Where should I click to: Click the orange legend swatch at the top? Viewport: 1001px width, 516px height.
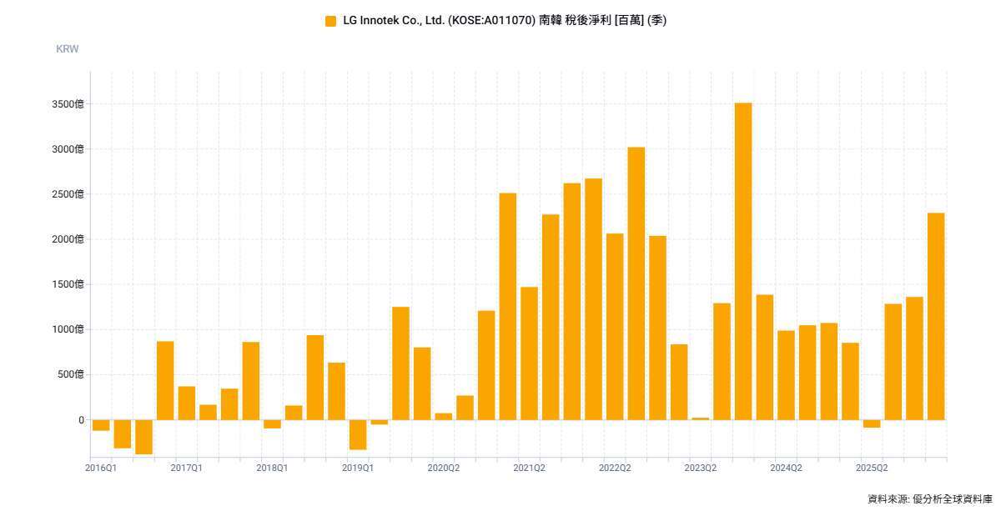tap(330, 21)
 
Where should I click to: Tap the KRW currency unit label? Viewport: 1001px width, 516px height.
tap(67, 49)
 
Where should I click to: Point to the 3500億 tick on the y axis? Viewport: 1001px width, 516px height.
tap(68, 104)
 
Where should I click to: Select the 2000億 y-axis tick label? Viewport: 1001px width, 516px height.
tap(68, 239)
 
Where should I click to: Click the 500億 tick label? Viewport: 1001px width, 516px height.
tap(71, 374)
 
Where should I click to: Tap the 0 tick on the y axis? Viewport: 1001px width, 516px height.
tap(82, 420)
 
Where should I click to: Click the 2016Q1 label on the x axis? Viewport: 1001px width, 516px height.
tap(101, 468)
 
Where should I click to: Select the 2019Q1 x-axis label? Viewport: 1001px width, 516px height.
tap(358, 468)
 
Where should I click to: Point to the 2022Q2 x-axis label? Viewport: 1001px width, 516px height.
tap(615, 468)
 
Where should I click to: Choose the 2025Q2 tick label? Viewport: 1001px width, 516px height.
tap(872, 468)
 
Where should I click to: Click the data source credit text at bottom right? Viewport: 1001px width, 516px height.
tap(930, 499)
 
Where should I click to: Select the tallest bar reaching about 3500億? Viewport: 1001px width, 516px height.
tap(743, 262)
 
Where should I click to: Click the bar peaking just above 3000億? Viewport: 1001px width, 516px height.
tap(636, 283)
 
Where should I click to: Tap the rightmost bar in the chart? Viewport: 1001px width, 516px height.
tap(936, 316)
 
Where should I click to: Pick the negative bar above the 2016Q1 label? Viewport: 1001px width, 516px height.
tap(101, 425)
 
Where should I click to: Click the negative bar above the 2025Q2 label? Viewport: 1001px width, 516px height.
tap(872, 424)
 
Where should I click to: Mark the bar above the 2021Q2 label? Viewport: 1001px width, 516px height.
tap(529, 353)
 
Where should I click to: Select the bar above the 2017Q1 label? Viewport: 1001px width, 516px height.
tap(187, 403)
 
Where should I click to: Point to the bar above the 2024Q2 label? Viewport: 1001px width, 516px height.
tap(786, 375)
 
